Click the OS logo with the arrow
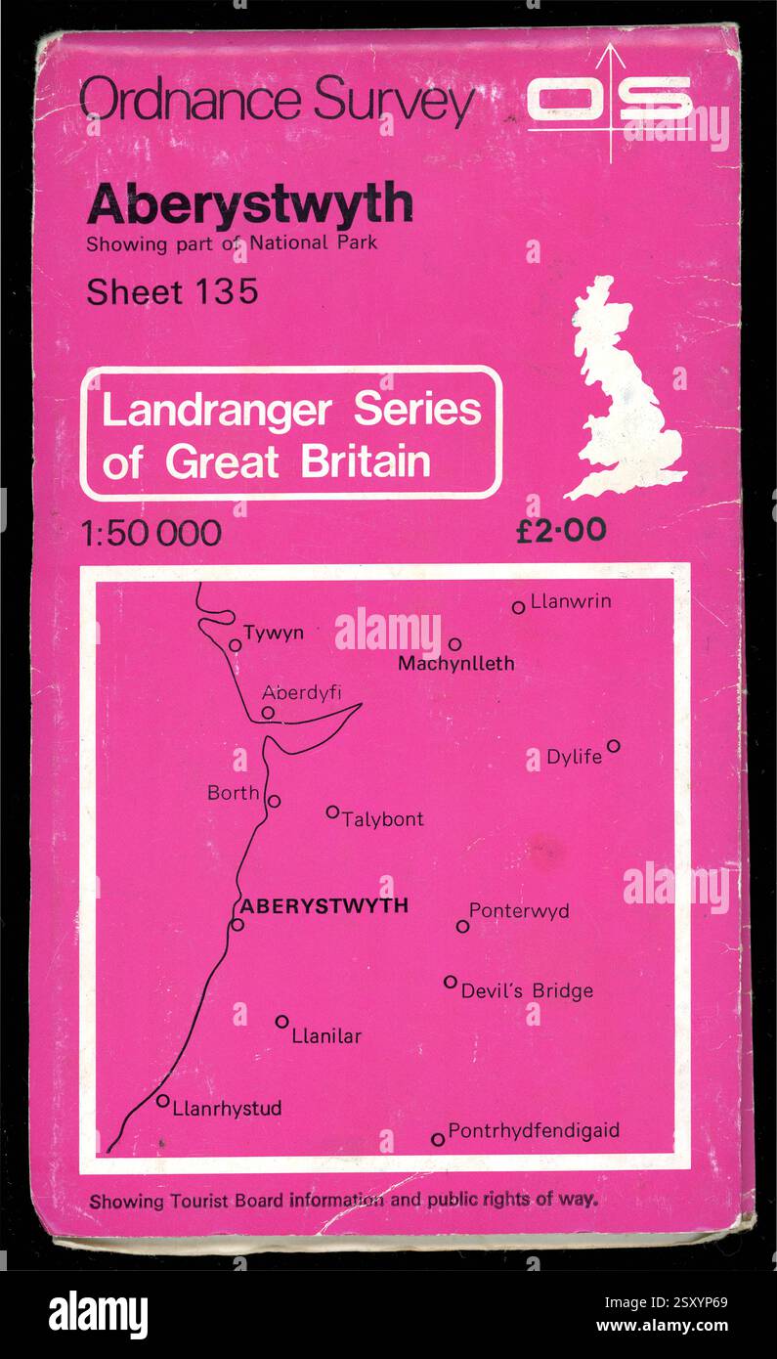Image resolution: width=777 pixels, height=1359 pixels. (x=612, y=101)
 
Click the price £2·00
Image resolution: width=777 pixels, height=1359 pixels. (x=561, y=530)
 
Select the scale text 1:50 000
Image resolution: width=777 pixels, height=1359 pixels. (x=152, y=533)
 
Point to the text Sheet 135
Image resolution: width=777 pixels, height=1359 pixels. (x=172, y=291)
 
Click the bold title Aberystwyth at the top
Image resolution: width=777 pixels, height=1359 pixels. (x=249, y=204)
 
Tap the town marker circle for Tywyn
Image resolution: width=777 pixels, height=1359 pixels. (x=235, y=645)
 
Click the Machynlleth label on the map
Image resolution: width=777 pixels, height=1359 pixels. (x=456, y=664)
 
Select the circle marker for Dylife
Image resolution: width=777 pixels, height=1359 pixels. (x=613, y=746)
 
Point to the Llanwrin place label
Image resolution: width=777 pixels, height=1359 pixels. (x=571, y=601)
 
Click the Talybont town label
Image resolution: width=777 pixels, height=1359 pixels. (x=382, y=819)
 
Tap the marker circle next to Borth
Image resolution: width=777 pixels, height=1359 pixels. (x=275, y=801)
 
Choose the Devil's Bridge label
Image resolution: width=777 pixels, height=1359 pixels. (x=527, y=991)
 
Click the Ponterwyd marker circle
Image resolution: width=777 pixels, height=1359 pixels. (x=462, y=926)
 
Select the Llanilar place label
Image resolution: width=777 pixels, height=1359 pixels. (x=326, y=1035)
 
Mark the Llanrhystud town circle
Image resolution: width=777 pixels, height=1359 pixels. (x=162, y=1101)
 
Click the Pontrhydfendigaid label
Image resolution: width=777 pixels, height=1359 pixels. (x=534, y=1131)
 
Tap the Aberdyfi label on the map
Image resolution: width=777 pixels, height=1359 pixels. (x=302, y=693)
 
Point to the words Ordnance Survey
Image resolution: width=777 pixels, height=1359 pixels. (x=278, y=101)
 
